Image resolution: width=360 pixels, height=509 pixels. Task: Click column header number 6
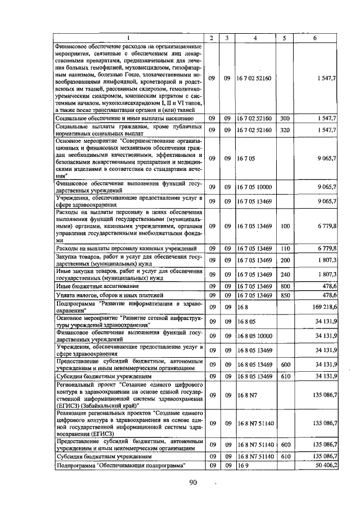coord(314,38)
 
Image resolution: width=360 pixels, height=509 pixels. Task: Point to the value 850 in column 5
coord(285,295)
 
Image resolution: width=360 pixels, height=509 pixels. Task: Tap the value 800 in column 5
coord(285,286)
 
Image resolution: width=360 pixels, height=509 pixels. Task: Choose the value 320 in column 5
coord(285,130)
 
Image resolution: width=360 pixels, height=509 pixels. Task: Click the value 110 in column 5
coord(285,248)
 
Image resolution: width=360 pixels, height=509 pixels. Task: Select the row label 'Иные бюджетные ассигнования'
coord(89,286)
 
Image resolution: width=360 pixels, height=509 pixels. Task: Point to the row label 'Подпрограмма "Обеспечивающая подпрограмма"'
coord(121,466)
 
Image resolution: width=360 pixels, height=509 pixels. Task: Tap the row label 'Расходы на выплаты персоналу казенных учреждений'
coord(125,248)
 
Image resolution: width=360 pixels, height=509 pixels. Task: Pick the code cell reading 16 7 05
coord(246,159)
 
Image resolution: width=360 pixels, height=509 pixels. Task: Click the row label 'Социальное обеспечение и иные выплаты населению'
coord(124,119)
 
